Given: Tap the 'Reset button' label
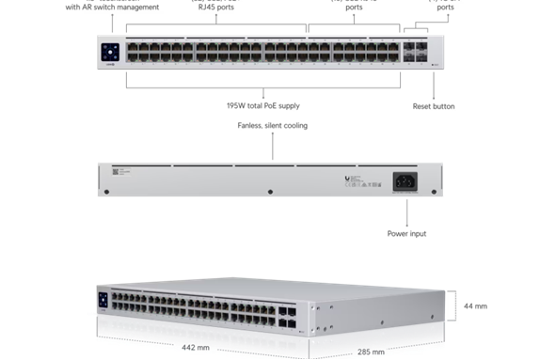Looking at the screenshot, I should click(x=434, y=106).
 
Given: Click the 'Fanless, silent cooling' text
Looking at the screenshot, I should click(x=271, y=125).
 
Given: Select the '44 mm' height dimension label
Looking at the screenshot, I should click(x=475, y=306).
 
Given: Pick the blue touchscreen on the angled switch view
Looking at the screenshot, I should click(x=103, y=299).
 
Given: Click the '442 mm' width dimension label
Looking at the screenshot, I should click(x=193, y=348).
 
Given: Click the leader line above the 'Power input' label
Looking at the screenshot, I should click(x=405, y=210).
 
